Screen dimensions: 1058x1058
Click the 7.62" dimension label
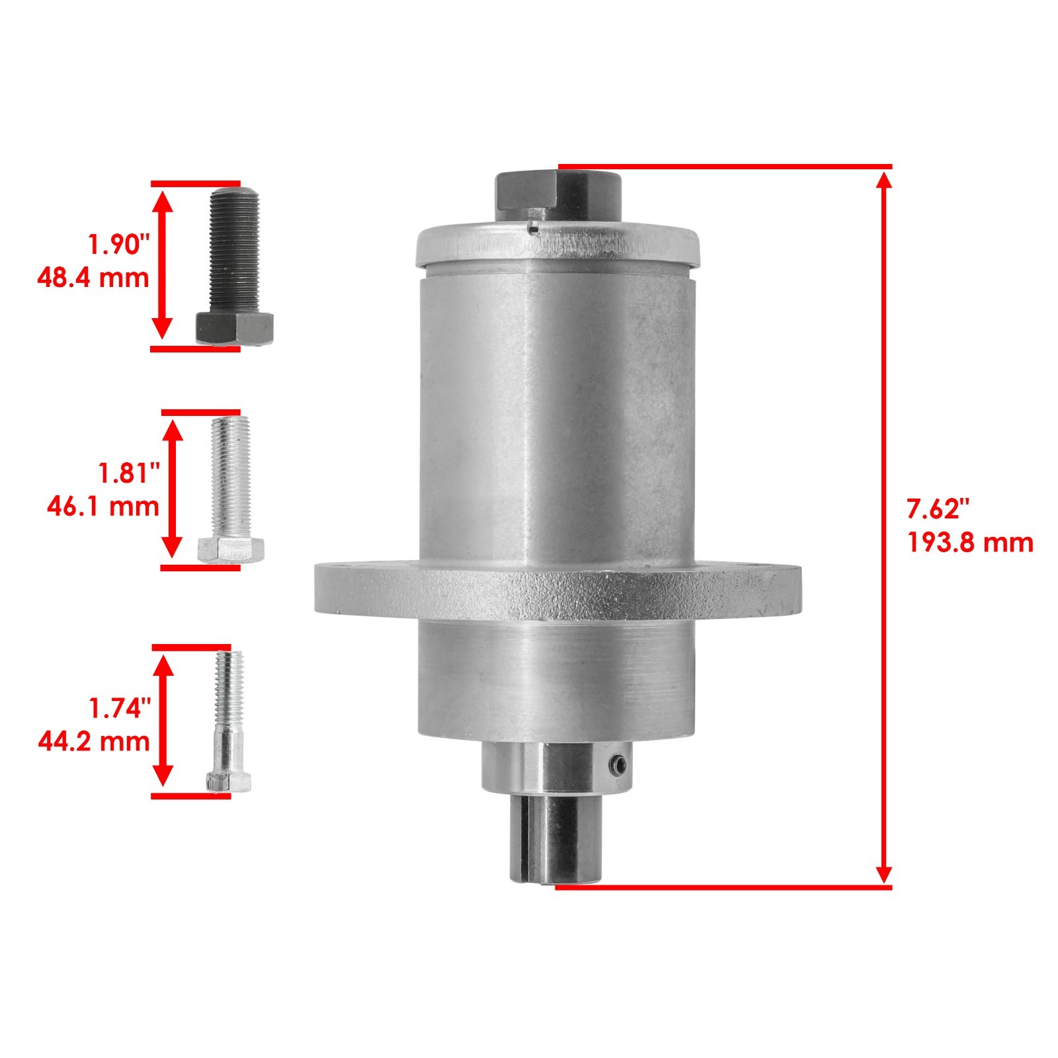pos(937,509)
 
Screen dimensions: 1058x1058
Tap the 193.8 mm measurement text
pos(969,543)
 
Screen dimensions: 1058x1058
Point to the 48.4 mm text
pos(93,277)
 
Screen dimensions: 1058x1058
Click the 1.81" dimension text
pos(129,473)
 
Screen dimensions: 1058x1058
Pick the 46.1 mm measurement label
pos(103,507)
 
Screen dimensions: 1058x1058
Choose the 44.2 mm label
pos(94,741)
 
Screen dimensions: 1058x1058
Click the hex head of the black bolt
pos(234,327)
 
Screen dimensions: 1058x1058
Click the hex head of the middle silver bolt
pos(231,549)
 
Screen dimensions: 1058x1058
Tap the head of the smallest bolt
pos(228,782)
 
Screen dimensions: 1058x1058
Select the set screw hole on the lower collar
pos(616,766)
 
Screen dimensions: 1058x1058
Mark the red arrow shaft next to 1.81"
pos(173,489)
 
